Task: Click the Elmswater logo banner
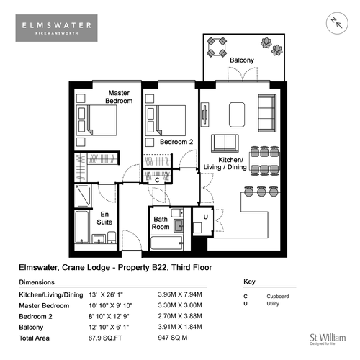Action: coord(56,28)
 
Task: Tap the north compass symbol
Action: coord(337,23)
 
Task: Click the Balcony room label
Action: coord(242,60)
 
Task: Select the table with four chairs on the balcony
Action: coord(217,47)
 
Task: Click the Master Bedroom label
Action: coord(119,96)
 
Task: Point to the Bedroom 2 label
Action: coord(176,142)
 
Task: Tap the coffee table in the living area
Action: coord(237,114)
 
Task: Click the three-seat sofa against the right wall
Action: coord(267,113)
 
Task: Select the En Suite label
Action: coord(104,218)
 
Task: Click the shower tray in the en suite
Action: coord(83,196)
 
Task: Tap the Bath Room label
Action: coord(161,223)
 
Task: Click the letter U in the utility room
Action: coord(206,217)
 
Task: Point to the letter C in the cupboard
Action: coord(157,180)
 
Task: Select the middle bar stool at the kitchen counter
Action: coord(261,192)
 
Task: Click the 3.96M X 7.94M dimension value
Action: coord(180,294)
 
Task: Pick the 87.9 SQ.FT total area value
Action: coord(105,338)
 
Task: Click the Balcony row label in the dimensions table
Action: coord(31,328)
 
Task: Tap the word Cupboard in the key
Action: coord(278,297)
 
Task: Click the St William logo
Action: coord(328,339)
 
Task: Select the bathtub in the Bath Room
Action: coord(166,243)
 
